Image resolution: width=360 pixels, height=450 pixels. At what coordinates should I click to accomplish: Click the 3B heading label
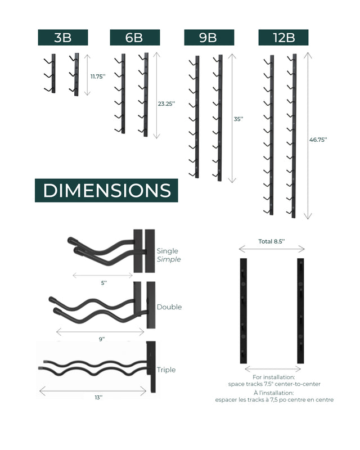(x=62, y=38)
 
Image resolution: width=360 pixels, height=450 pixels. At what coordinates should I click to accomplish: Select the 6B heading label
(x=134, y=38)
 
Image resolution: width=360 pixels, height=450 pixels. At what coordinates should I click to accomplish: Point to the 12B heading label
(x=283, y=38)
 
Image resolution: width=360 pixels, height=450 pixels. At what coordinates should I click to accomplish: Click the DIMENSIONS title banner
(x=106, y=190)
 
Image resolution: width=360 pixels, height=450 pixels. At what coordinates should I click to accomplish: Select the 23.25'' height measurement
(x=167, y=103)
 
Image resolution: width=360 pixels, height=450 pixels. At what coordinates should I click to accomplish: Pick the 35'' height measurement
(x=238, y=119)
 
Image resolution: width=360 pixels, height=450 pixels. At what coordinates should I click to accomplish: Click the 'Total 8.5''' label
(x=272, y=241)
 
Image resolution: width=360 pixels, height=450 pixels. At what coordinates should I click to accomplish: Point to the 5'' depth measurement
(x=103, y=283)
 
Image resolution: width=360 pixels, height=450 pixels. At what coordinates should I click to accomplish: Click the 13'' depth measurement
(x=98, y=397)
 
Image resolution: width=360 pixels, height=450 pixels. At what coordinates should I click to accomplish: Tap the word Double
(x=169, y=307)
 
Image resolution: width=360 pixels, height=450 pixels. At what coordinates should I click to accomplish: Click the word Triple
(x=166, y=370)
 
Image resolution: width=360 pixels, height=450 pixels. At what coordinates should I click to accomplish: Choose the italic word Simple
(x=169, y=259)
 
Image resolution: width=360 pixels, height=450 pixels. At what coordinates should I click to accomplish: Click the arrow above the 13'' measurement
(x=93, y=390)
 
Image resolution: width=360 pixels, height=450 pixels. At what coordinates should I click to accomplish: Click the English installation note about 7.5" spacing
(x=274, y=381)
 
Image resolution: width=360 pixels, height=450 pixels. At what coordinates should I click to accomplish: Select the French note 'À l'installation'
(x=274, y=396)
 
